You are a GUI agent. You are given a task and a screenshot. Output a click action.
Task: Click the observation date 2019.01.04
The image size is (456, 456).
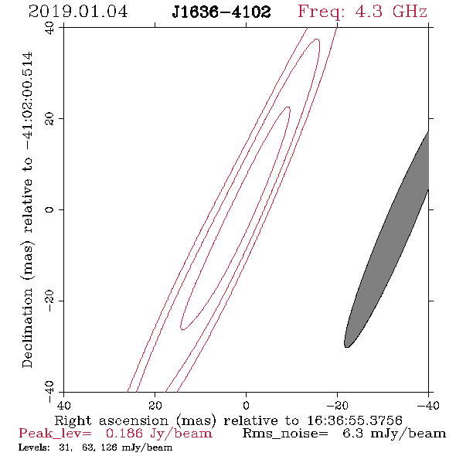click(x=78, y=12)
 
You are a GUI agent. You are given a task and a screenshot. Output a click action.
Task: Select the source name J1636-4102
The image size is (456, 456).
click(x=221, y=12)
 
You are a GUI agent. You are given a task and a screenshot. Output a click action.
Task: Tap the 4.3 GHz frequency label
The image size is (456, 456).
click(x=391, y=12)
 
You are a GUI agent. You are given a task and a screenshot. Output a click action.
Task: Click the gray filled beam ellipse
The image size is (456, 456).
click(x=386, y=240)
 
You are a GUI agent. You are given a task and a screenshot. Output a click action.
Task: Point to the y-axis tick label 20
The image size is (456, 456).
click(x=49, y=119)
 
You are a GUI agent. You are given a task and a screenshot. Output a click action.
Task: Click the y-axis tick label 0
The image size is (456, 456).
click(x=49, y=209)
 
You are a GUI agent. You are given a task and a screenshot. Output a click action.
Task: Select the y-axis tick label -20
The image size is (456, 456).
click(x=49, y=301)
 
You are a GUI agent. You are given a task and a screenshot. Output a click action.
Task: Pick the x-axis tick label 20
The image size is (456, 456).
click(x=155, y=405)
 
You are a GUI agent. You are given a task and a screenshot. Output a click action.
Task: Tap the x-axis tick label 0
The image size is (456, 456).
click(x=246, y=405)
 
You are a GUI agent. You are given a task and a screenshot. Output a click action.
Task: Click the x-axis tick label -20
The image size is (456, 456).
click(x=337, y=405)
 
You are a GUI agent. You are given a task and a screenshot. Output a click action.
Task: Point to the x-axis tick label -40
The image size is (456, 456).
click(x=428, y=405)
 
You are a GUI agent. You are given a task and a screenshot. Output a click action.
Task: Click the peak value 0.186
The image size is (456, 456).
click(x=124, y=434)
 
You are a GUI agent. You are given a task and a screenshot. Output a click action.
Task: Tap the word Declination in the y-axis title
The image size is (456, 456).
click(x=27, y=328)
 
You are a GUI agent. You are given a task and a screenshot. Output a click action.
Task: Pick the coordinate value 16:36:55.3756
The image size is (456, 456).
click(x=355, y=420)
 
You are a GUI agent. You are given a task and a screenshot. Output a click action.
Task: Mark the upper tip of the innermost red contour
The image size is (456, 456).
click(x=288, y=107)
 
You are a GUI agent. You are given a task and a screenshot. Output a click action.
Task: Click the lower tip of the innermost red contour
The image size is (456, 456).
click(x=182, y=329)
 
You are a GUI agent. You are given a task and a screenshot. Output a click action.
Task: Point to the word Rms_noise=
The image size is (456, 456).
click(x=285, y=434)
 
